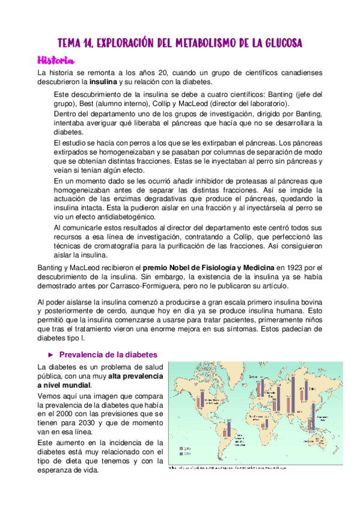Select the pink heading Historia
55,60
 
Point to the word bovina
308,301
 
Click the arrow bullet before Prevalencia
50,354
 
